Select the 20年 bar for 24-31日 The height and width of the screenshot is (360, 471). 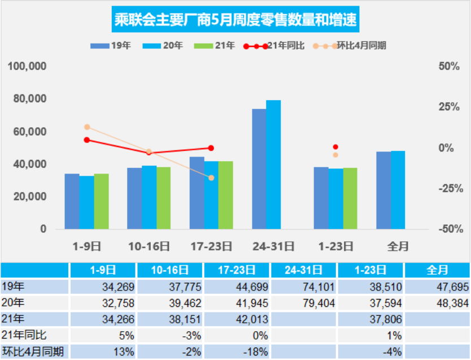pos(273,164)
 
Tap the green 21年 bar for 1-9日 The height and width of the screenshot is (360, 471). pos(101,201)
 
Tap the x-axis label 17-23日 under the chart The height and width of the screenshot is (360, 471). pos(211,246)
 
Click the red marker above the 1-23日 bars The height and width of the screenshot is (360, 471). pos(335,147)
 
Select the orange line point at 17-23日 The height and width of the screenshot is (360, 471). pos(211,178)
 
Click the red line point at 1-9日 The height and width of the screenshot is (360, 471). pos(87,140)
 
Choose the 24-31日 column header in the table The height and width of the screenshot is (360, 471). pos(305,270)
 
